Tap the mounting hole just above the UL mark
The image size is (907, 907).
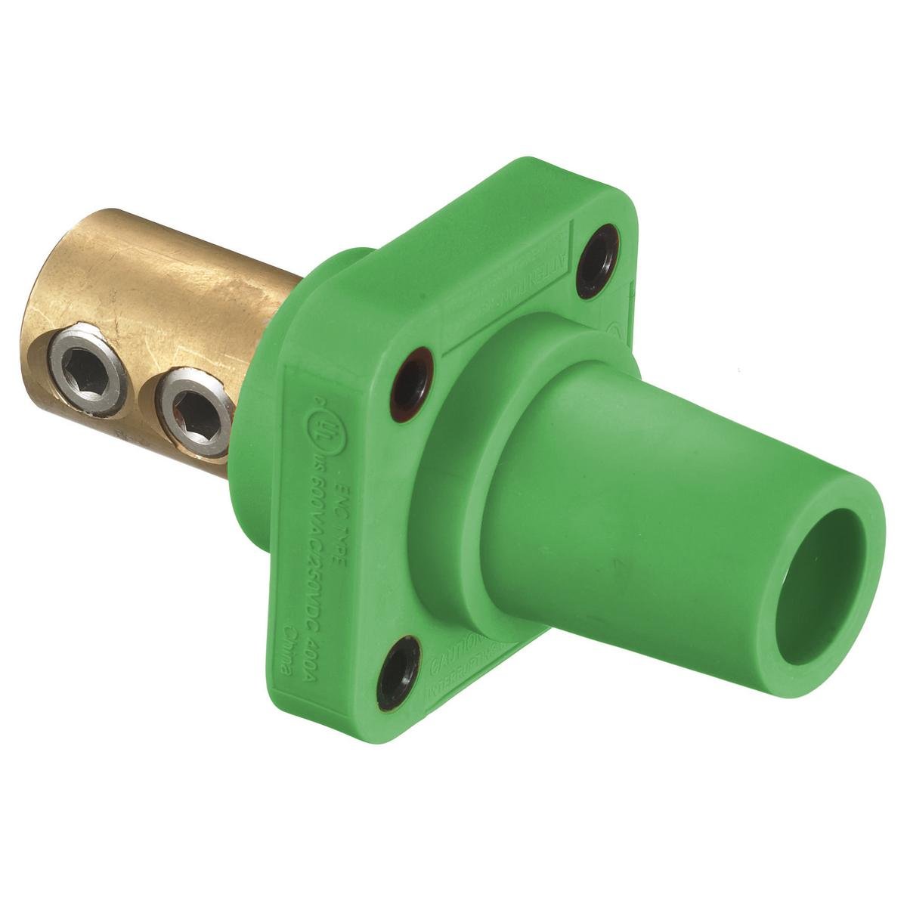click(x=410, y=374)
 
